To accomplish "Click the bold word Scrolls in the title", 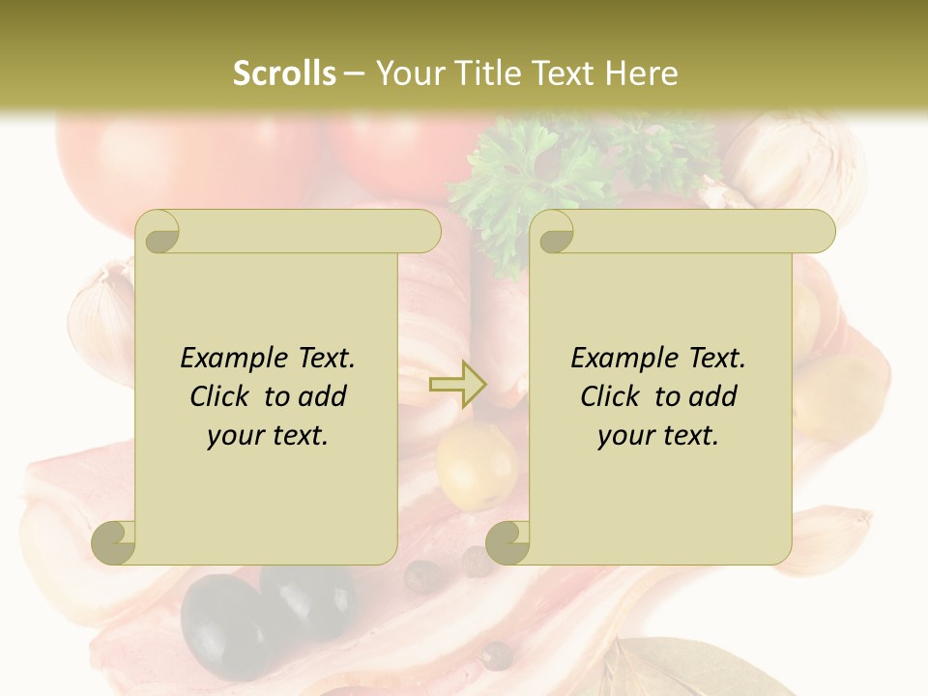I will (284, 73).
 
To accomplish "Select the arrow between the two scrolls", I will (457, 384).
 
